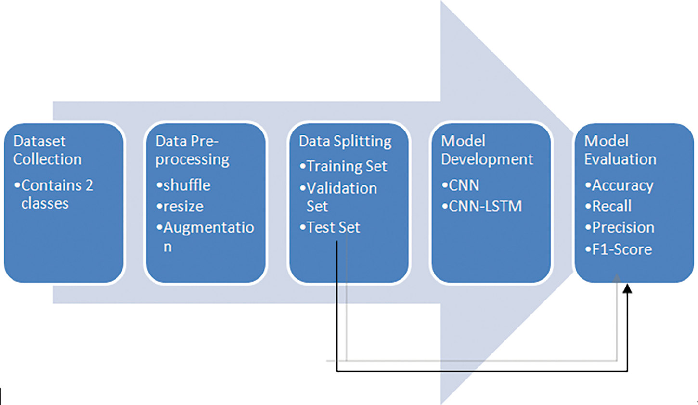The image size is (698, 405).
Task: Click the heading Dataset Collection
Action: [47, 150]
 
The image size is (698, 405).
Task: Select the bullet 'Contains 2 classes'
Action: [54, 194]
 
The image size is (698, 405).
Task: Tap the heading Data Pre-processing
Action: [192, 150]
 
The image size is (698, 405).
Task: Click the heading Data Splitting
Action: [345, 141]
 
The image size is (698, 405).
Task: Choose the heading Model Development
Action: [486, 150]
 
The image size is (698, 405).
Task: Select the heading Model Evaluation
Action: [620, 150]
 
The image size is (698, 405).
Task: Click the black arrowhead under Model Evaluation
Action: [627, 288]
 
